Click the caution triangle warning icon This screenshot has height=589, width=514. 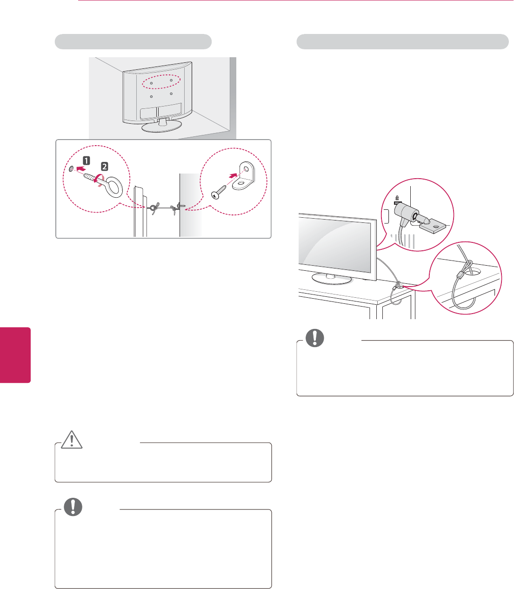[x=72, y=440]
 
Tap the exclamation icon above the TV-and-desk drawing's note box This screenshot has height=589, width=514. [x=314, y=338]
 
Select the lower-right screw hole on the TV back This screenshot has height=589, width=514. [x=171, y=94]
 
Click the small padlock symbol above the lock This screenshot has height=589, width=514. [x=397, y=198]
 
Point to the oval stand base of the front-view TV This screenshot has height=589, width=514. [x=332, y=278]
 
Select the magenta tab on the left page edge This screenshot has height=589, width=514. [x=15, y=355]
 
